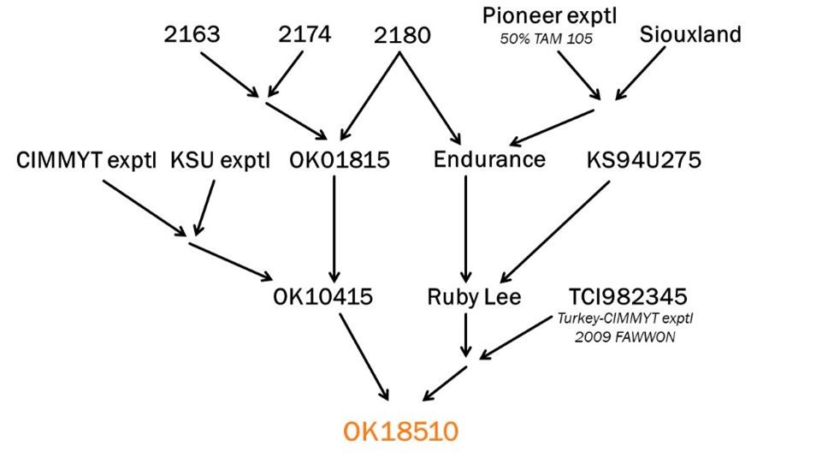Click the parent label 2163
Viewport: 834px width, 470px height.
[x=192, y=36]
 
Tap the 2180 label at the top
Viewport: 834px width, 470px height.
[x=402, y=38]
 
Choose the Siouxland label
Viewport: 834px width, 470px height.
[x=690, y=35]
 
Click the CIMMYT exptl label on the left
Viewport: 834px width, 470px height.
[x=86, y=160]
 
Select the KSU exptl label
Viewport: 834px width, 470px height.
[x=220, y=160]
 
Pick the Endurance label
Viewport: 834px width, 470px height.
[x=488, y=160]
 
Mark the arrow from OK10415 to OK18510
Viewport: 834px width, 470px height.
[x=364, y=355]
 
